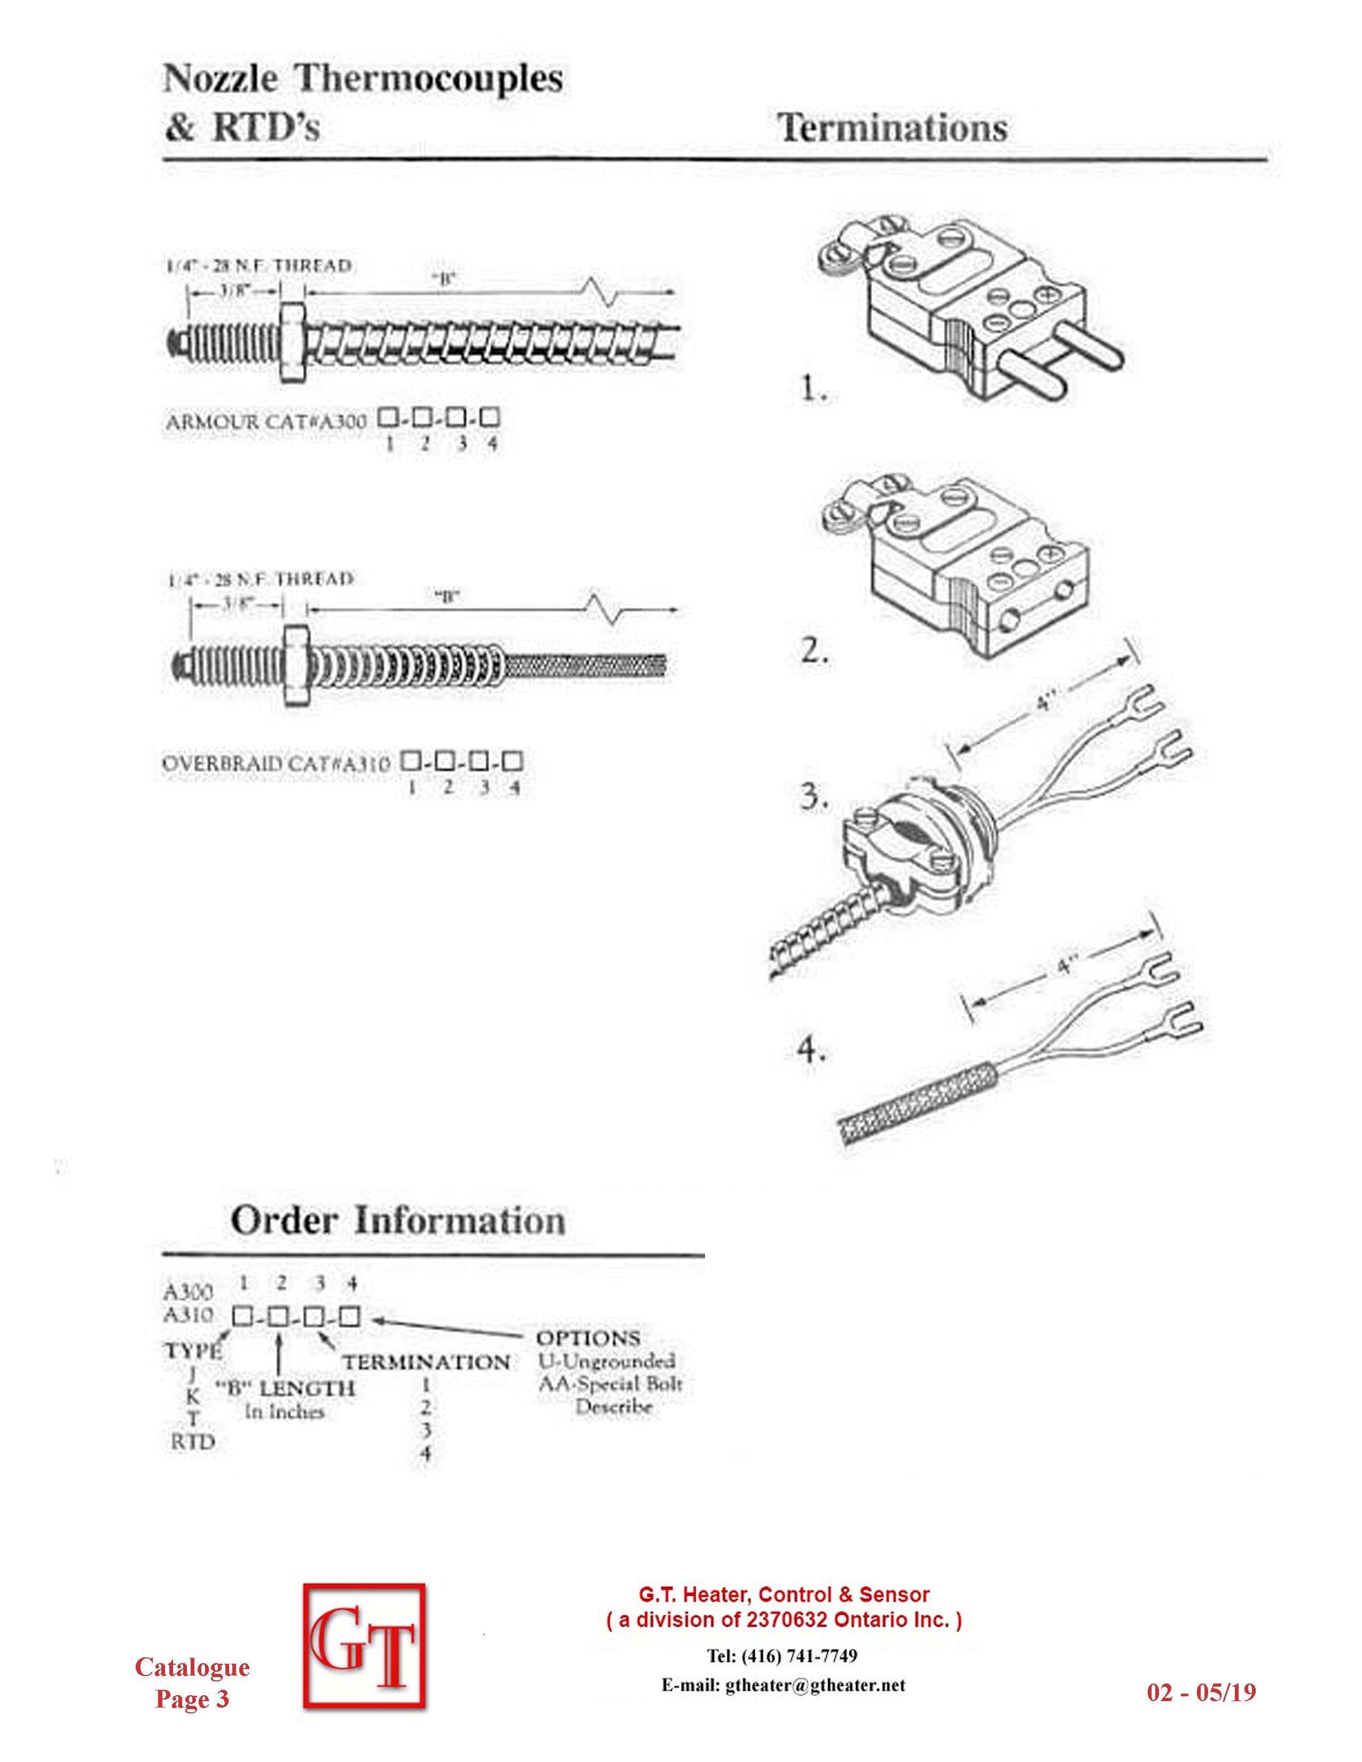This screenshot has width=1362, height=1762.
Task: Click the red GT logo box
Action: click(x=365, y=1646)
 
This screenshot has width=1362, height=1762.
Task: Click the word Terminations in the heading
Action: click(x=893, y=128)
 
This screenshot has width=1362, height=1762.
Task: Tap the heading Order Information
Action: click(x=398, y=1220)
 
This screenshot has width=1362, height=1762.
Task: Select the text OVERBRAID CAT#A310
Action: click(x=277, y=762)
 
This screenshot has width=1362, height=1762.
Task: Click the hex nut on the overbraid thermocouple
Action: click(x=296, y=666)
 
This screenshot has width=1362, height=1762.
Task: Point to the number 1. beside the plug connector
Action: click(x=813, y=388)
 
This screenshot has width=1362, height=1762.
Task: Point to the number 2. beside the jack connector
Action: click(x=814, y=649)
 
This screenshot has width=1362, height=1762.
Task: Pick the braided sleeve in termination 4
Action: click(x=920, y=1103)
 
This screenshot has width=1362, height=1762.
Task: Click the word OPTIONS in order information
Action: click(x=588, y=1338)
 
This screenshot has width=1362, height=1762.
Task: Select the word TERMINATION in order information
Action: click(x=426, y=1362)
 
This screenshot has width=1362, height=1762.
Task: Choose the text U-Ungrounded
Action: click(x=607, y=1361)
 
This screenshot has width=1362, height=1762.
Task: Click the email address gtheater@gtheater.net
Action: click(x=815, y=1685)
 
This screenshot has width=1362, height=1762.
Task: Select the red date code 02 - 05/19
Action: click(x=1201, y=1692)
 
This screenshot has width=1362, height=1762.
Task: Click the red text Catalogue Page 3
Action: click(x=192, y=1682)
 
